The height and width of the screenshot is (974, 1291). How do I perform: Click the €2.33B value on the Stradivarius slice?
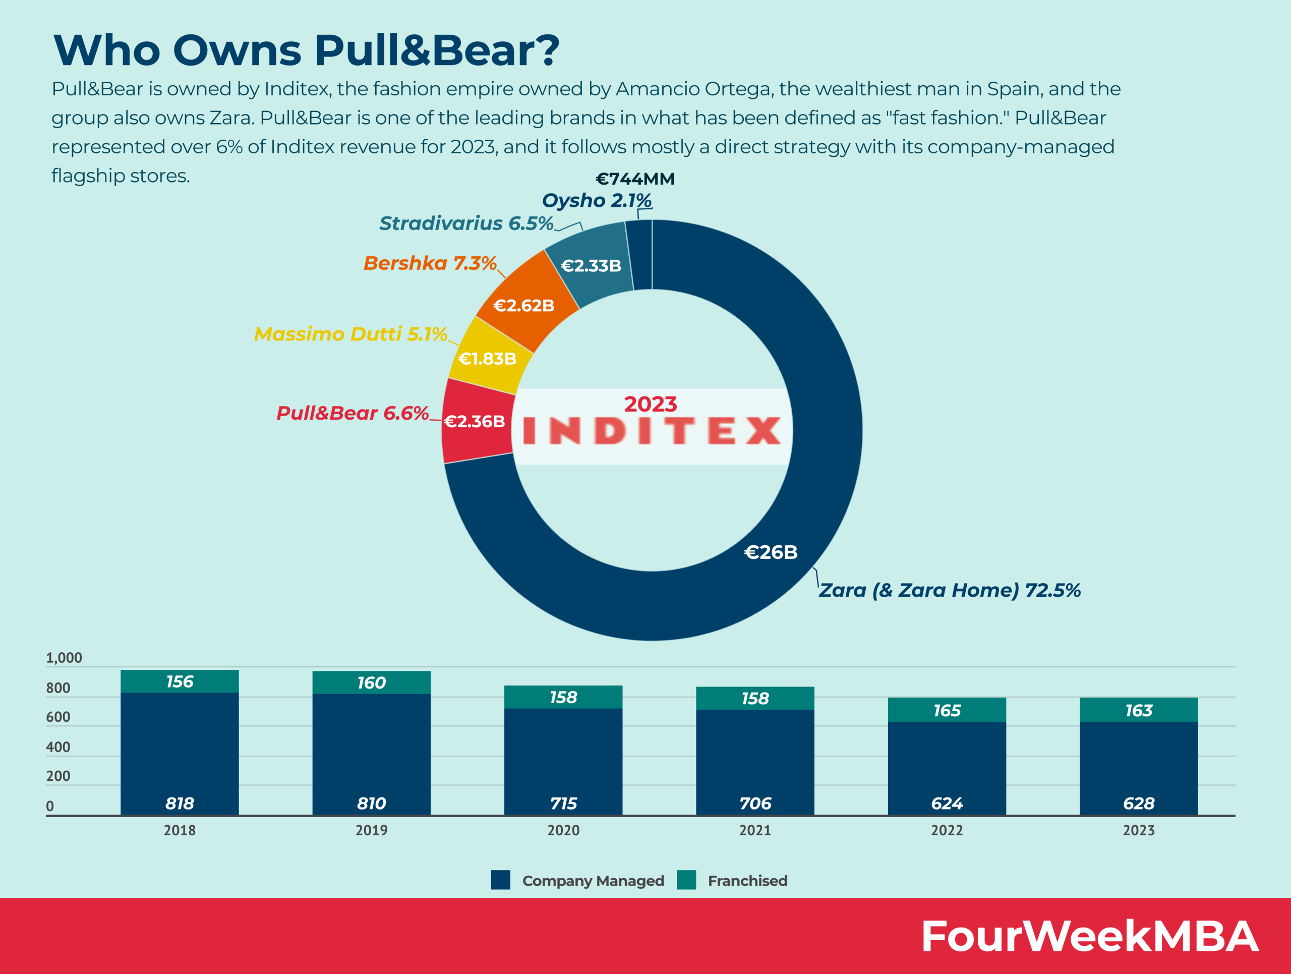coord(591,266)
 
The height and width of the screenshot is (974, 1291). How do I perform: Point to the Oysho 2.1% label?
coord(597,200)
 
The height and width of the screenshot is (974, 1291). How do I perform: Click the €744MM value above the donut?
coord(635,179)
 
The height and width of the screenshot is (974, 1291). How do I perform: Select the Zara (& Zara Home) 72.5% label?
coord(949,590)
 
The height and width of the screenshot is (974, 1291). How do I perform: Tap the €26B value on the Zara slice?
coord(771,552)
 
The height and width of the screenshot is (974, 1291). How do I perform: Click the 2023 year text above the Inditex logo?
coord(650,404)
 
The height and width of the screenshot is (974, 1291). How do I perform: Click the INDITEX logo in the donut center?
coord(652,431)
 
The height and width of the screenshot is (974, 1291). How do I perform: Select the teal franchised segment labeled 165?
coord(947,710)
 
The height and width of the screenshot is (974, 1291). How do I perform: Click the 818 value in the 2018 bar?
coord(180,804)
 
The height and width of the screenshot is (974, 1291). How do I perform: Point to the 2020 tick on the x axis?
coord(563,830)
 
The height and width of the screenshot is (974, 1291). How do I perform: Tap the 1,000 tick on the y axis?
coord(64,658)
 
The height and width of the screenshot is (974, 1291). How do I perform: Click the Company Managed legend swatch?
coord(500,880)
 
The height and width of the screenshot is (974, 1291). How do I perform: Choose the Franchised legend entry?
coord(746,881)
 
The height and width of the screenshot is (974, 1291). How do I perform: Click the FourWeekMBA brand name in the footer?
coord(1089,936)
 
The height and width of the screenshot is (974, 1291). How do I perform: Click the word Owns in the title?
coord(237,50)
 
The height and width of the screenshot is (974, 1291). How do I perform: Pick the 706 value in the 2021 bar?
coord(755,804)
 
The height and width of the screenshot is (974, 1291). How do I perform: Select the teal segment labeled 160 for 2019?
coord(371,682)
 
